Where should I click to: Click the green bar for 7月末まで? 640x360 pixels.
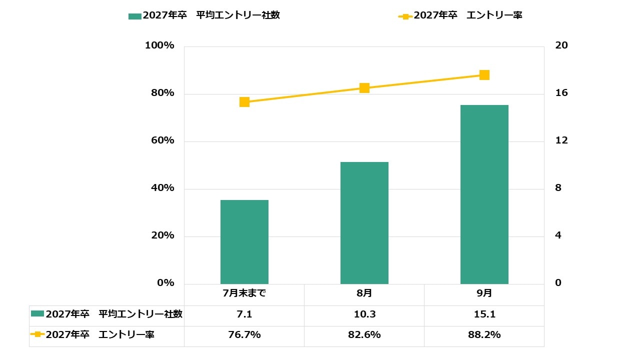(x=244, y=242)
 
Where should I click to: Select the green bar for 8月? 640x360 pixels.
(x=364, y=223)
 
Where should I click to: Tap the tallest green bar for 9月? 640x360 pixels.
(x=484, y=194)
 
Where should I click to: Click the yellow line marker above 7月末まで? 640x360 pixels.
(x=244, y=102)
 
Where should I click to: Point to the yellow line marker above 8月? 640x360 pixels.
(x=364, y=88)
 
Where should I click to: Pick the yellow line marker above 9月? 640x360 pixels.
(x=484, y=75)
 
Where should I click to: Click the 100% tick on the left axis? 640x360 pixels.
(x=159, y=45)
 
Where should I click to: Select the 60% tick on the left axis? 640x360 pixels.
(x=162, y=140)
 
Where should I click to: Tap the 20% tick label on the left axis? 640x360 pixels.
(x=162, y=235)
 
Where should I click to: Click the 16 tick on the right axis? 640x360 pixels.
(x=561, y=93)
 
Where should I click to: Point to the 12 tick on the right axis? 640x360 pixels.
(x=561, y=140)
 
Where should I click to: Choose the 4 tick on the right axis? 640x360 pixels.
(x=558, y=235)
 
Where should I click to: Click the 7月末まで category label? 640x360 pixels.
(x=244, y=293)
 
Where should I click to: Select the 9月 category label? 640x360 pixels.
(x=484, y=293)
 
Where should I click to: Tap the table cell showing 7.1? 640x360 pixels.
(x=244, y=314)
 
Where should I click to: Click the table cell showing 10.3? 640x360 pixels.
(x=364, y=314)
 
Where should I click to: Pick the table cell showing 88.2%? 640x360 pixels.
(x=484, y=335)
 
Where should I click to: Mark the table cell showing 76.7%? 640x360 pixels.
(x=244, y=335)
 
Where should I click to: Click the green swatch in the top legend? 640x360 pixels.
(x=135, y=16)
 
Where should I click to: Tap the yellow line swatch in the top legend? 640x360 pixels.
(x=405, y=16)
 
